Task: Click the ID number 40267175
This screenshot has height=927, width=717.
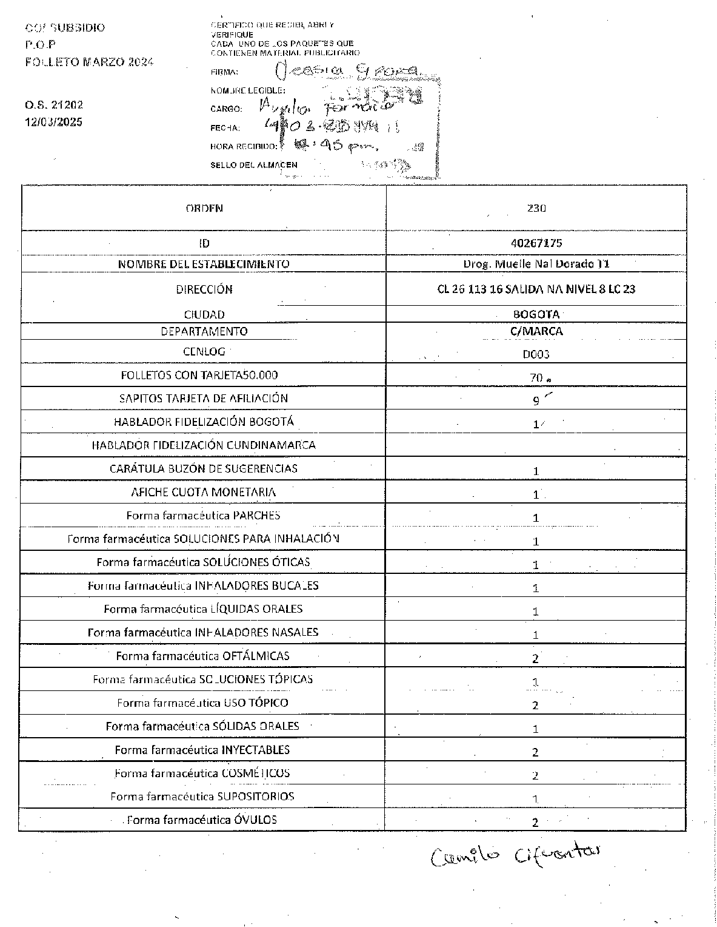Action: point(536,243)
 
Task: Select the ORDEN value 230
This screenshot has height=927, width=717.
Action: point(536,208)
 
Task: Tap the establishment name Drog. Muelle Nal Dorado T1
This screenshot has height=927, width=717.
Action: point(536,264)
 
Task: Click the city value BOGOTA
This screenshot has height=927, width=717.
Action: point(536,314)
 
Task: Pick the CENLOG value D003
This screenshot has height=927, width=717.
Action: point(536,354)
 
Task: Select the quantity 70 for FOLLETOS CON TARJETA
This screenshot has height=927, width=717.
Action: point(536,377)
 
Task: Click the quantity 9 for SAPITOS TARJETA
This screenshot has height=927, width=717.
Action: point(536,400)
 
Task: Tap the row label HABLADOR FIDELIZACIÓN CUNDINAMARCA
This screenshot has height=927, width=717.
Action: point(204,445)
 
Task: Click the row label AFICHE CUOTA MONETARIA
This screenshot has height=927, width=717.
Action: point(204,492)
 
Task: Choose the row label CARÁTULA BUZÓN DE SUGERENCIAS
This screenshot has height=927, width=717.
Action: point(204,468)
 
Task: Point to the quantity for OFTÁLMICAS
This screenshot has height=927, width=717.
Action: point(536,658)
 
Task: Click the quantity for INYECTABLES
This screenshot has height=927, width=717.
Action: point(536,752)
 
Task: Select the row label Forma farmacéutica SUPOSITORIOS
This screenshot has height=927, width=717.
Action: point(202,797)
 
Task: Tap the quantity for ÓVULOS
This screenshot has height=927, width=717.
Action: point(536,823)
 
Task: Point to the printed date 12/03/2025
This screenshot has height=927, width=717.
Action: point(53,122)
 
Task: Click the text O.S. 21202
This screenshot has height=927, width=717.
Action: point(54,105)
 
